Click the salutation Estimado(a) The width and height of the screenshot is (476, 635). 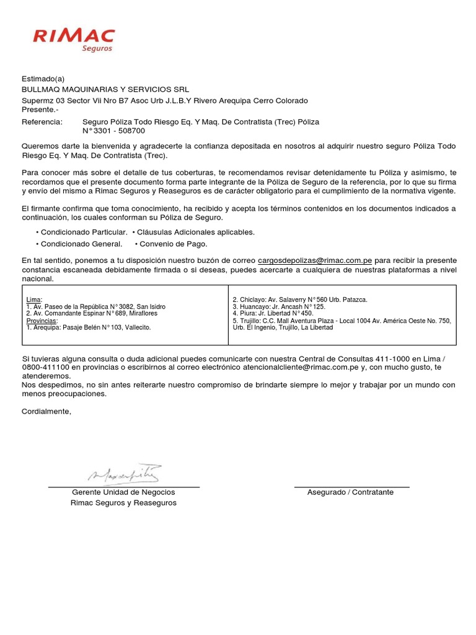pyautogui.click(x=43, y=79)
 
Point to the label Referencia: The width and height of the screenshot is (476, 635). pyautogui.click(x=42, y=122)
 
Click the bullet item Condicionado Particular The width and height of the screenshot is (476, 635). pyautogui.click(x=84, y=232)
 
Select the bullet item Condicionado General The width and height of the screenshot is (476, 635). pyautogui.click(x=81, y=244)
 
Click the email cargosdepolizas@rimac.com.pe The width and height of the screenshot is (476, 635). pyautogui.click(x=315, y=260)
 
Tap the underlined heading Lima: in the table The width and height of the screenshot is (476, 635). pyautogui.click(x=35, y=300)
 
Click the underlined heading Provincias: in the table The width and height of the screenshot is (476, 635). pyautogui.click(x=42, y=321)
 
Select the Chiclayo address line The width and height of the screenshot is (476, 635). pyautogui.click(x=300, y=300)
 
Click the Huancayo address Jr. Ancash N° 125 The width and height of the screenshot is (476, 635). pyautogui.click(x=279, y=307)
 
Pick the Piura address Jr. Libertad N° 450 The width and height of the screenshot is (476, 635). pyautogui.click(x=273, y=314)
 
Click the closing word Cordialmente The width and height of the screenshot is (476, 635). pyautogui.click(x=46, y=411)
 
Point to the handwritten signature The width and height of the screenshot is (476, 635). pyautogui.click(x=123, y=474)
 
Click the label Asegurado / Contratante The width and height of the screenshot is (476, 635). pyautogui.click(x=350, y=492)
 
